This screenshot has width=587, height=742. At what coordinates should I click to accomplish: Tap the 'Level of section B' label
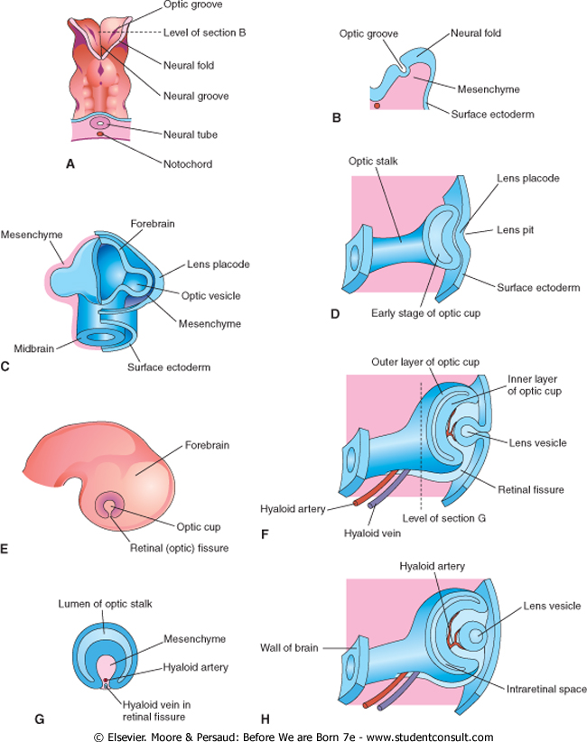(x=207, y=32)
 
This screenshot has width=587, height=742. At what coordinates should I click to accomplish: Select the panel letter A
(x=70, y=164)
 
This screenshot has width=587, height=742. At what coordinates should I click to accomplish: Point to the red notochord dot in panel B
(x=377, y=107)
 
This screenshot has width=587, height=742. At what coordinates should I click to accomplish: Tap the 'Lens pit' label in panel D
(x=517, y=230)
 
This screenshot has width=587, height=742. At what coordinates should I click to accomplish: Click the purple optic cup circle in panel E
(x=114, y=505)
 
